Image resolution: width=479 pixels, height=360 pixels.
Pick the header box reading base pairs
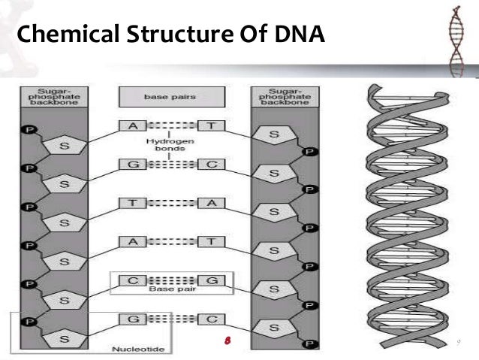point(171,96)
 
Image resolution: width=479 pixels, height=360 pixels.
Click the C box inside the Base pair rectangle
point(131,280)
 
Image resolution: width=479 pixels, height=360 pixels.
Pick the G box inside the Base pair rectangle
point(212,280)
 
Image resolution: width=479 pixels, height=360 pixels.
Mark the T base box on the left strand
point(131,203)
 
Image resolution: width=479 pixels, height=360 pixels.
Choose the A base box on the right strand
point(212,203)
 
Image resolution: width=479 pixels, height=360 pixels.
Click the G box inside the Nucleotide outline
point(131,319)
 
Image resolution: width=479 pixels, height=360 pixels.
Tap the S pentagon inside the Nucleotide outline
point(63,340)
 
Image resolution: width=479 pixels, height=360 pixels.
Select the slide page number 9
point(457,343)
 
